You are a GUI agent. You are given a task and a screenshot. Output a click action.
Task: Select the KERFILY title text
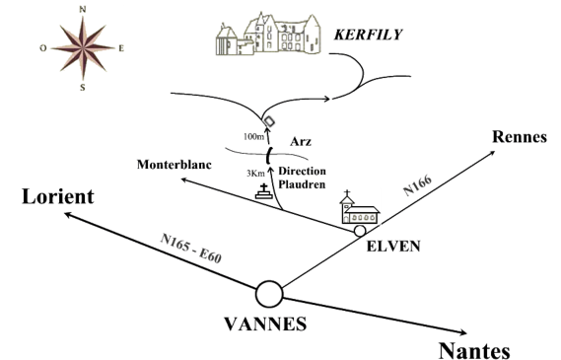point(368,35)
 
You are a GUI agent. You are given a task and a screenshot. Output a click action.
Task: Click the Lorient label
point(58,196)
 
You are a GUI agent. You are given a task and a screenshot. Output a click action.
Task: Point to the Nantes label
point(474,350)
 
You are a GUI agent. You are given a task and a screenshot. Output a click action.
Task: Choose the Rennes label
point(520,137)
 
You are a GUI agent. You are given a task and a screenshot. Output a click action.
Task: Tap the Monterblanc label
point(175,165)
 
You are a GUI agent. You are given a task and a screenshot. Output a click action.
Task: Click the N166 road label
point(417,185)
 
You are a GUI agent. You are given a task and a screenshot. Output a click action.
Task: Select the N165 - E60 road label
point(190,248)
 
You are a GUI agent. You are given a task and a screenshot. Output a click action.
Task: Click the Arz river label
point(301,142)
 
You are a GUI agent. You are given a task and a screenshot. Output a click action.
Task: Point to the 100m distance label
point(253,137)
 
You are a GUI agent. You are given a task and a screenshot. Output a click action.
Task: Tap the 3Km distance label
point(255,174)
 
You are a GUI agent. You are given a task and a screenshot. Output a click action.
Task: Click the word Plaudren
point(302,184)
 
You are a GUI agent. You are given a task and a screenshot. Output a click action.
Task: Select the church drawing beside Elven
point(360,207)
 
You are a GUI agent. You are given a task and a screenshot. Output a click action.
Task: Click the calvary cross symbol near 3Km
point(264,191)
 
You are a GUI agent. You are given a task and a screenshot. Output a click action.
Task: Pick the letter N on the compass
point(83,10)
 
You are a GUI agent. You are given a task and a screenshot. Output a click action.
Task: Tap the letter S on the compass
point(83,88)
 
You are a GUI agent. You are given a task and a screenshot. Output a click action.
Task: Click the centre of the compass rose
point(83,47)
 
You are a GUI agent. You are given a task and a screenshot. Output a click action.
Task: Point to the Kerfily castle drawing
point(268,34)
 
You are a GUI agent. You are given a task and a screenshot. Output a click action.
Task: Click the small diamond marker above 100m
point(269,121)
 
